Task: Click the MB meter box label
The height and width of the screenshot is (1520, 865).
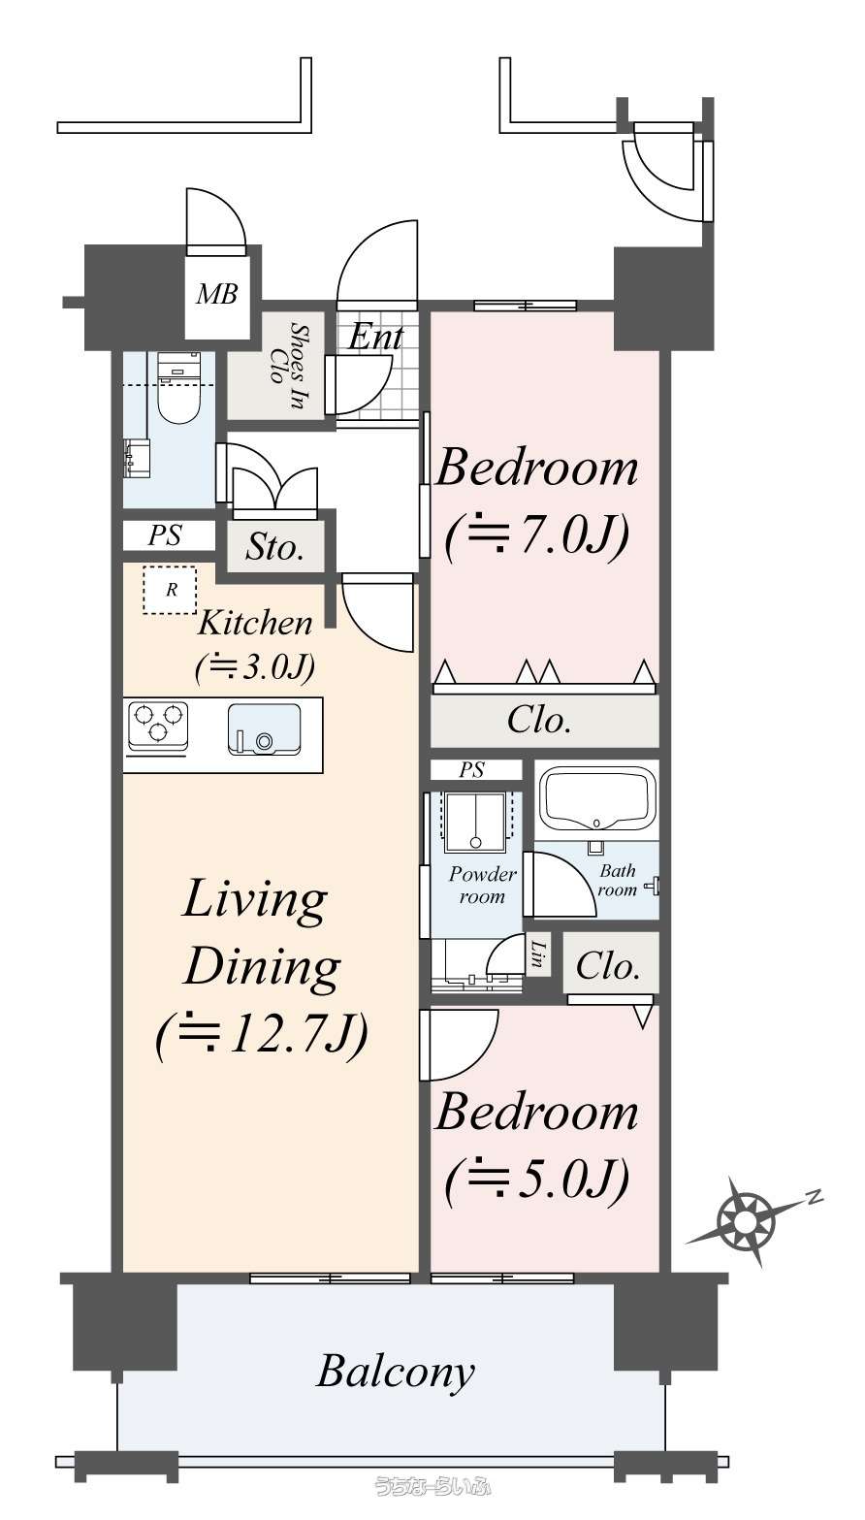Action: (x=217, y=295)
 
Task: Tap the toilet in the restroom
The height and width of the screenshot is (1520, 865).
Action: (x=179, y=387)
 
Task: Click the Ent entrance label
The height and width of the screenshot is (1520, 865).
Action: (x=375, y=337)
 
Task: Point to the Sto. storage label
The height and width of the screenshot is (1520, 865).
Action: (x=274, y=546)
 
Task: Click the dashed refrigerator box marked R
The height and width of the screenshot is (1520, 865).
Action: (x=170, y=590)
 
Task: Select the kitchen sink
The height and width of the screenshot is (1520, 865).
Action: (x=264, y=728)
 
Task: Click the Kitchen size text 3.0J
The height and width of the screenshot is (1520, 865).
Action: (x=254, y=668)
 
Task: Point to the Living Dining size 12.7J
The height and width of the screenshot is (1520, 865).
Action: (x=262, y=1035)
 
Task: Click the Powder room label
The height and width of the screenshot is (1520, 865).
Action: (x=482, y=885)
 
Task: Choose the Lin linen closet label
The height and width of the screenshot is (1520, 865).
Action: (x=538, y=954)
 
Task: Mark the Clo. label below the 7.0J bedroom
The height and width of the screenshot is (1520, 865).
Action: (x=538, y=720)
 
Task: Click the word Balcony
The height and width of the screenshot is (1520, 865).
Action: (x=396, y=1371)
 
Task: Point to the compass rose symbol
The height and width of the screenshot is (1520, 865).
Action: (x=746, y=1223)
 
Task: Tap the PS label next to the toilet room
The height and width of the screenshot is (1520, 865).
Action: (x=165, y=535)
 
